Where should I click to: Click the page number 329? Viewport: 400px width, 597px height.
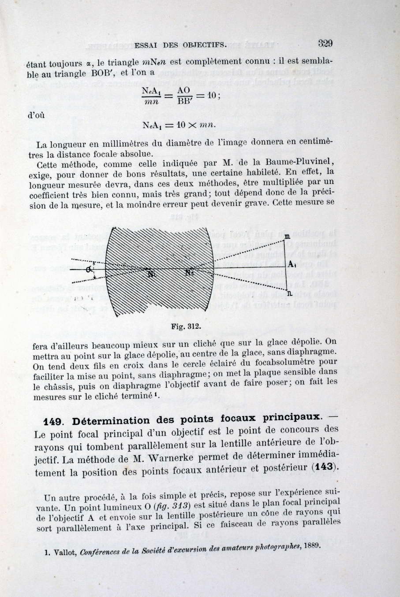(x=325, y=43)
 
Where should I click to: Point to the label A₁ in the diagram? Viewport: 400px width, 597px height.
(x=292, y=264)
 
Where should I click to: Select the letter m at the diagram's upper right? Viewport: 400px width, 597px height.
(x=287, y=238)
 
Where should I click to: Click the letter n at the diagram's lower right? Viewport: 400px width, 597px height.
(x=289, y=293)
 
